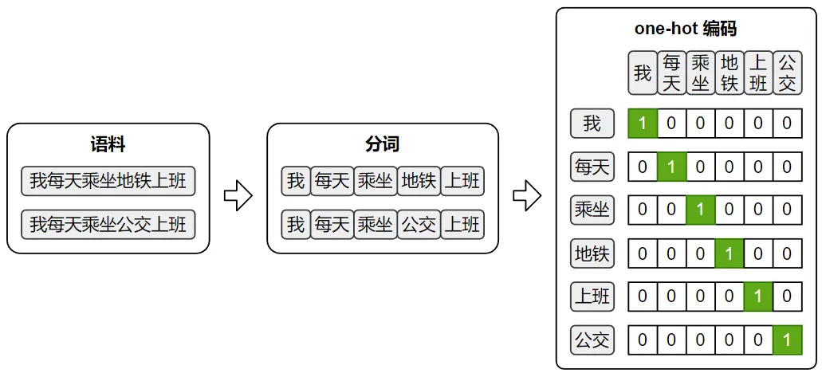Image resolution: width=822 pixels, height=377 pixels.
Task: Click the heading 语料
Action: pyautogui.click(x=108, y=144)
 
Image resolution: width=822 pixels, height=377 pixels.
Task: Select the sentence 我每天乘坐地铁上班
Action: pyautogui.click(x=108, y=181)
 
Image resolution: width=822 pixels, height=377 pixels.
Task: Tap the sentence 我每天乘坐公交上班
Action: pyautogui.click(x=108, y=224)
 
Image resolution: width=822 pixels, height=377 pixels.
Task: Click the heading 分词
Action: pyautogui.click(x=382, y=144)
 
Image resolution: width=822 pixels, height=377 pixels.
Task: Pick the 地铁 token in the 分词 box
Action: pyautogui.click(x=418, y=181)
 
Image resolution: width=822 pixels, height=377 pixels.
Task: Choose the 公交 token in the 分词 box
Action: pyautogui.click(x=418, y=224)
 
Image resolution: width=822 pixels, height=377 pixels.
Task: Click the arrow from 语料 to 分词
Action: pyautogui.click(x=238, y=195)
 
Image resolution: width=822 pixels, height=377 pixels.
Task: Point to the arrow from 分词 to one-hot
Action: pyautogui.click(x=526, y=195)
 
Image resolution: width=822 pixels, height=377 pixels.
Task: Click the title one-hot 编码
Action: pyautogui.click(x=685, y=29)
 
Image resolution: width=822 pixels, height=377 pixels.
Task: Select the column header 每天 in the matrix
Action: pyautogui.click(x=671, y=73)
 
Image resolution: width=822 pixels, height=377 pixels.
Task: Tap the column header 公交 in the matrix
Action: pyautogui.click(x=787, y=73)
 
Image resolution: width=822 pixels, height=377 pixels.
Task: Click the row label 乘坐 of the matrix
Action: pyautogui.click(x=592, y=210)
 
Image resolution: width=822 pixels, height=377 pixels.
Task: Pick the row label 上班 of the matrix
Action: pyautogui.click(x=592, y=296)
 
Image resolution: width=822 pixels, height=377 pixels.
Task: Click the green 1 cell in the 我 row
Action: pyautogui.click(x=643, y=124)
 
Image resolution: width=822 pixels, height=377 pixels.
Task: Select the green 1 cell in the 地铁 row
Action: pyautogui.click(x=729, y=253)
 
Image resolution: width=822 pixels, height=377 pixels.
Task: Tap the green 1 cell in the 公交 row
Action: pyautogui.click(x=787, y=340)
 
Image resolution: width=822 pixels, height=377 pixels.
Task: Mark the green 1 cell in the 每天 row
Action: pyautogui.click(x=671, y=167)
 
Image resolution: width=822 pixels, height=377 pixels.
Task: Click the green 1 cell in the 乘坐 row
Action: pyautogui.click(x=700, y=210)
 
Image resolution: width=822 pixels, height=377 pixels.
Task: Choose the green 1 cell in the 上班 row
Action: pyautogui.click(x=757, y=296)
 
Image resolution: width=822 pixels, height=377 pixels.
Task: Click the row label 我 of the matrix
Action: pyautogui.click(x=592, y=124)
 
